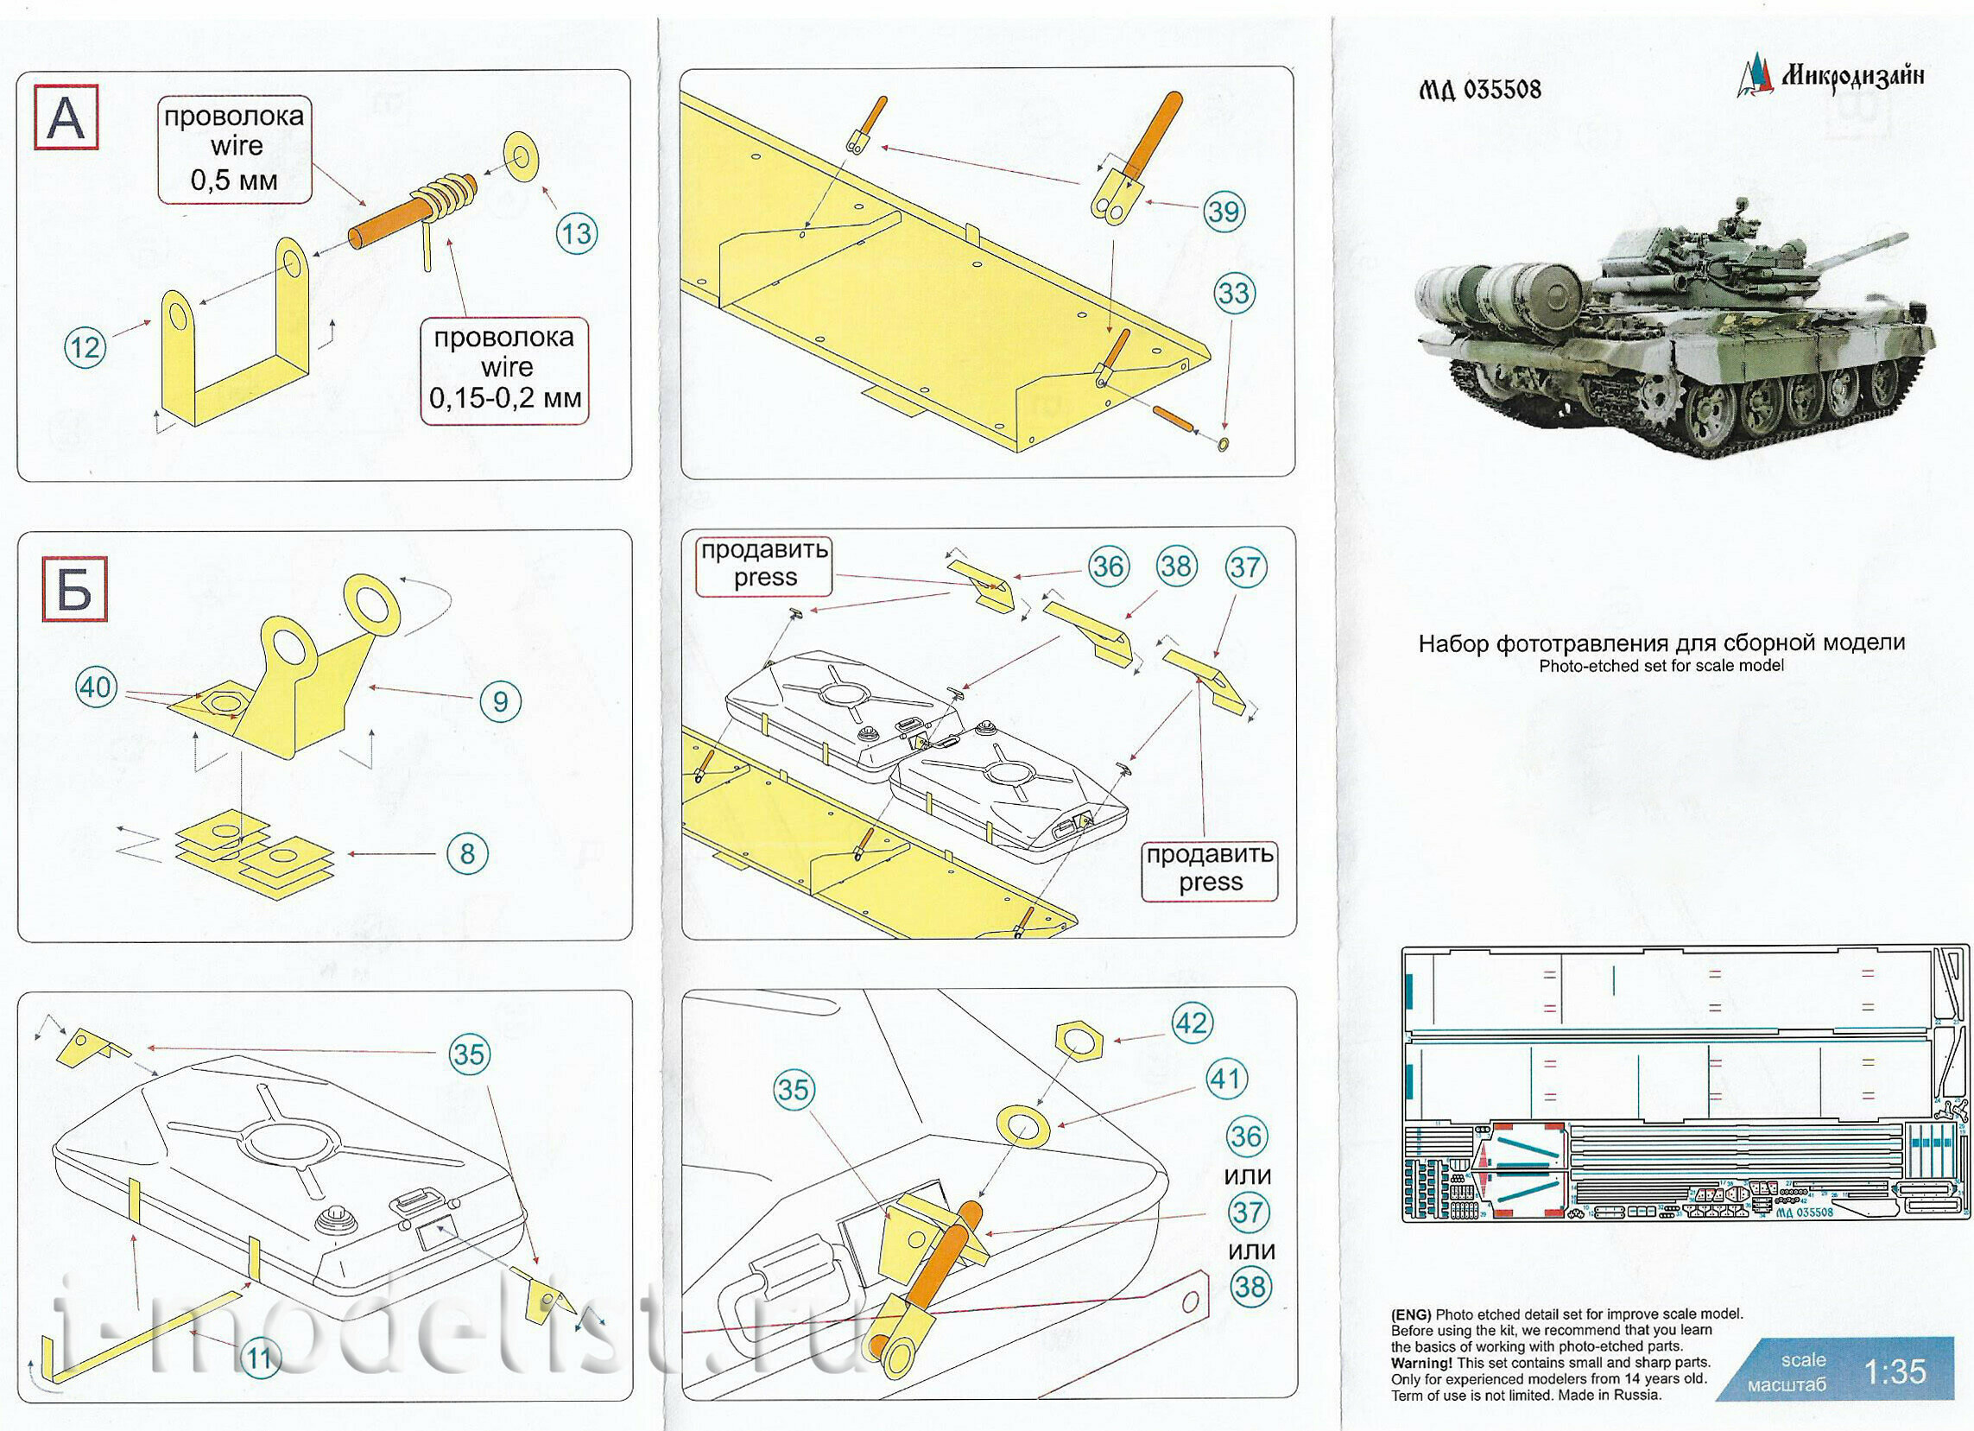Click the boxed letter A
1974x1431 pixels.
click(x=66, y=117)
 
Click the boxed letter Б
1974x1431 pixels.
click(x=75, y=589)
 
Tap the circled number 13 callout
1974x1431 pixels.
click(x=576, y=233)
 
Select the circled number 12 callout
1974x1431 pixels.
click(x=85, y=347)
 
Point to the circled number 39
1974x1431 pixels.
click(x=1224, y=212)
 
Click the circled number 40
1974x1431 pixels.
click(x=96, y=687)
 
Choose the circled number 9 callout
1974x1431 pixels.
click(x=501, y=700)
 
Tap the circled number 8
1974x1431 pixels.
click(x=467, y=853)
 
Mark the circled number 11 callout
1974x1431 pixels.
click(x=260, y=1358)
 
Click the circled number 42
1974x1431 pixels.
click(x=1192, y=1022)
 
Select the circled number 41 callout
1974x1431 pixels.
click(x=1226, y=1080)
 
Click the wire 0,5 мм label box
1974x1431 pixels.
click(x=234, y=149)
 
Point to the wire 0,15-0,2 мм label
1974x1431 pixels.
click(x=505, y=370)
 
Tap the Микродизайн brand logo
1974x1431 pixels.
click(x=1831, y=77)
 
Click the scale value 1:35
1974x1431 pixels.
click(x=1895, y=1372)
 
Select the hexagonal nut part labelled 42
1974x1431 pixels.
click(x=1079, y=1042)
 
